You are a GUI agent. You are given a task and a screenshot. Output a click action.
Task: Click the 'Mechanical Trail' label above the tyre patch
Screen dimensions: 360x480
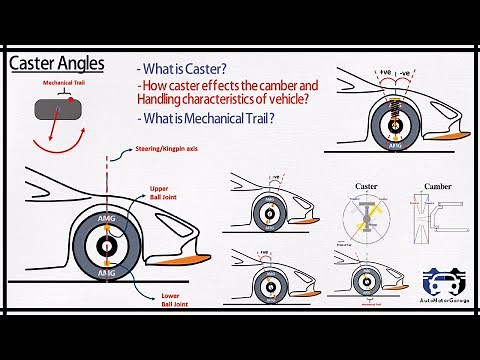point(64,84)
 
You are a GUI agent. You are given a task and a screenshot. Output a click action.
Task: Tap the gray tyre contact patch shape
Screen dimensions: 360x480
point(64,110)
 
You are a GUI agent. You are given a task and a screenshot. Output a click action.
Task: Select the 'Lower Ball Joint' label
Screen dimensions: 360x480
point(161,299)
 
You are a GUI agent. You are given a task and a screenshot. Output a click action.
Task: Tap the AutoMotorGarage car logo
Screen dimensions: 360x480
point(444,281)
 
